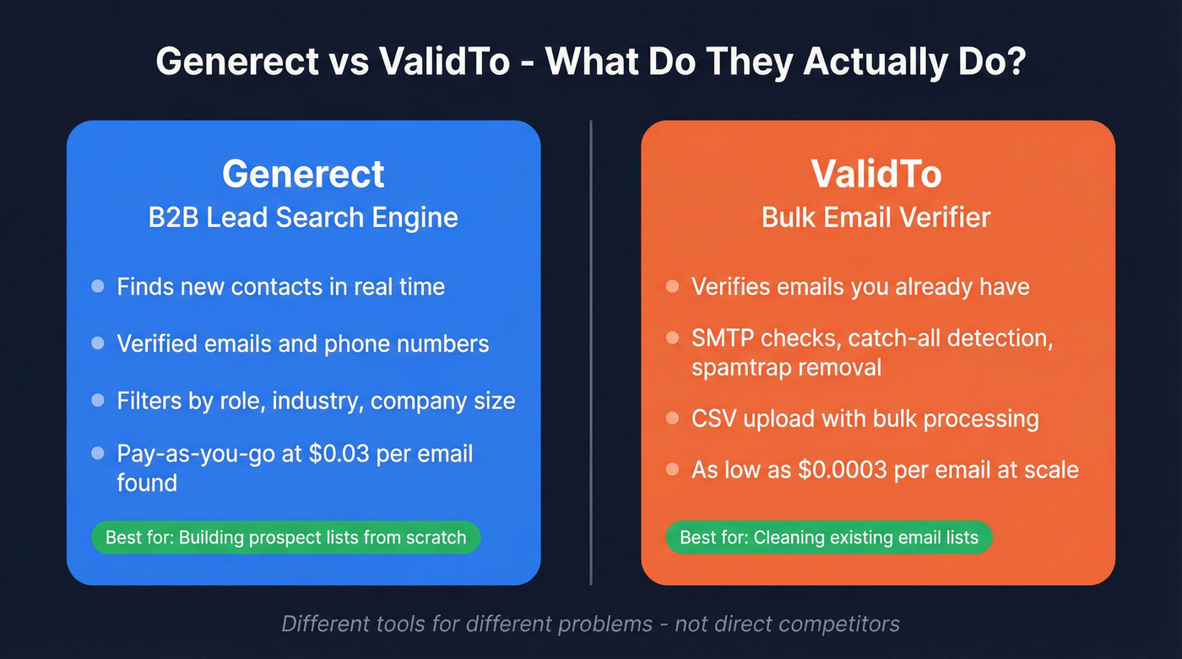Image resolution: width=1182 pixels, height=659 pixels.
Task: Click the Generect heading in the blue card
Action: tap(303, 174)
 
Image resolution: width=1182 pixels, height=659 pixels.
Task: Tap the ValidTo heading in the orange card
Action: tap(876, 174)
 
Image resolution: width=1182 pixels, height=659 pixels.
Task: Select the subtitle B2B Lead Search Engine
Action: tap(303, 217)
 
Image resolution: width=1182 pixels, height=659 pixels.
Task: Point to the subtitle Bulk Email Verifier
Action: tap(876, 217)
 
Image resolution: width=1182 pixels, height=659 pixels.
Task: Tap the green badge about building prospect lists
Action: tap(285, 537)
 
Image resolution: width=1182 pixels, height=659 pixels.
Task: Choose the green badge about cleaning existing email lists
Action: tap(829, 537)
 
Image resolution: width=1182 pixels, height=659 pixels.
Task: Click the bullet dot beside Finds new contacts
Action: tap(98, 287)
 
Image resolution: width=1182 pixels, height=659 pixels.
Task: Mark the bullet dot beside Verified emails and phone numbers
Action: tap(98, 343)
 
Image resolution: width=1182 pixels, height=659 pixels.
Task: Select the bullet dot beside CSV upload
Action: tap(672, 419)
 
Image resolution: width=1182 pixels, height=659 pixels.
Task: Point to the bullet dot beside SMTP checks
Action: tap(672, 338)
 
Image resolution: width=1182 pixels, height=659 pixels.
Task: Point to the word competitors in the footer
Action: tap(839, 624)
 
